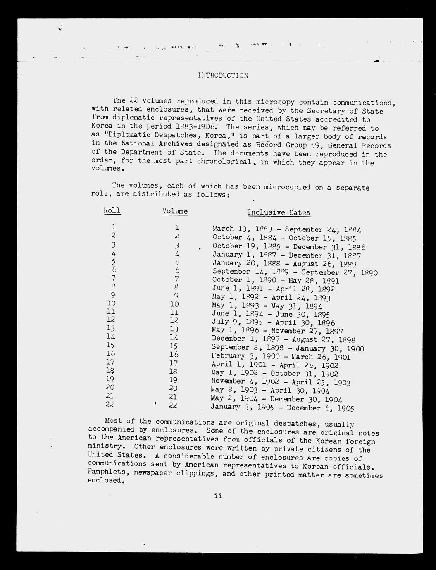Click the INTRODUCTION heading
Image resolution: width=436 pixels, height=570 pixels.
(x=223, y=75)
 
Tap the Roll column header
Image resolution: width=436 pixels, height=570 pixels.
(x=112, y=210)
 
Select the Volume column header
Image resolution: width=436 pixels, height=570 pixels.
(x=175, y=211)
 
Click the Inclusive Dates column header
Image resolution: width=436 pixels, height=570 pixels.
(x=279, y=212)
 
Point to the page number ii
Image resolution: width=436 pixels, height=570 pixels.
(x=218, y=496)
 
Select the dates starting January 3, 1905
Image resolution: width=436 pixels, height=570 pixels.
(x=282, y=408)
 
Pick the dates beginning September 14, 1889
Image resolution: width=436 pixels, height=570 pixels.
(x=295, y=272)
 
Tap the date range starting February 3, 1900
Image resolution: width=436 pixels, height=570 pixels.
(x=281, y=356)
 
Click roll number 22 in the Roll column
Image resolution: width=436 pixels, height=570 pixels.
(x=110, y=404)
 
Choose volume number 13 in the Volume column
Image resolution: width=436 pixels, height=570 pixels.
(x=174, y=329)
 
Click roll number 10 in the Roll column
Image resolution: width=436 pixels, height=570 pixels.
(x=111, y=303)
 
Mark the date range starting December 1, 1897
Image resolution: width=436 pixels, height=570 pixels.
(x=283, y=339)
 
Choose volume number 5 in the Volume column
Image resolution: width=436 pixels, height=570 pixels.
(x=176, y=262)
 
